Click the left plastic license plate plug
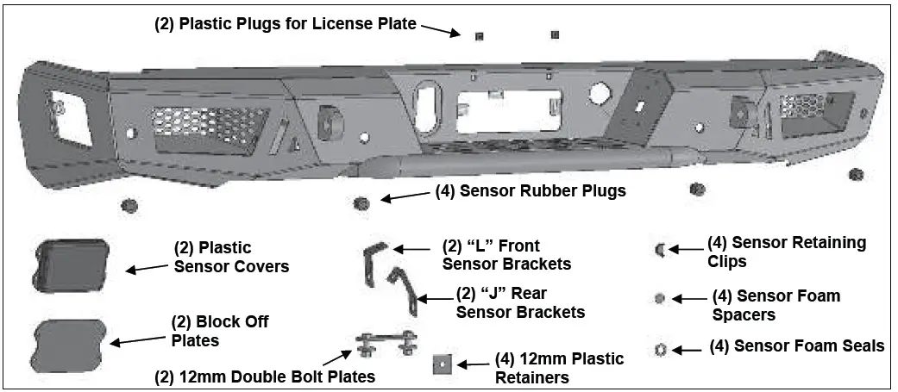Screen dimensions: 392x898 480,36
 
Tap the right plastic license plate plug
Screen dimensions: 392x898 554,34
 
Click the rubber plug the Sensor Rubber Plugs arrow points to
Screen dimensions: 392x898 362,203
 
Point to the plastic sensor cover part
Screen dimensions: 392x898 72,264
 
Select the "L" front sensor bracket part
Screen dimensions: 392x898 373,263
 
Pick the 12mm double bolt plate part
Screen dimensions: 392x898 386,345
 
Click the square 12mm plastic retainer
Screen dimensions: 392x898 443,365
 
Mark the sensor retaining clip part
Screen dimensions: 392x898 660,250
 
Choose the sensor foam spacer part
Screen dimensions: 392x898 660,298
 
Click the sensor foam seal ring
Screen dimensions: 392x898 660,349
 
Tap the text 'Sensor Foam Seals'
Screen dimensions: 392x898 796,345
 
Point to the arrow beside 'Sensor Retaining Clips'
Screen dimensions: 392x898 686,250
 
